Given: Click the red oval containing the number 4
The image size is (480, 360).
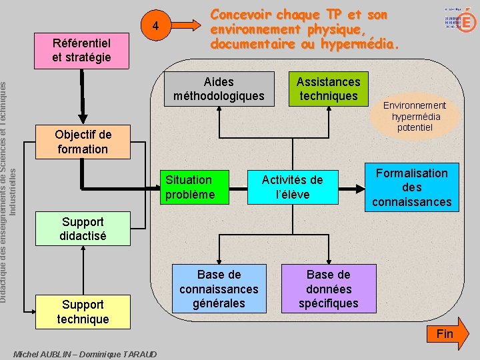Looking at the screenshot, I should tap(155, 27).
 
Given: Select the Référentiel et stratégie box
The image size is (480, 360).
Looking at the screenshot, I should tap(81, 50).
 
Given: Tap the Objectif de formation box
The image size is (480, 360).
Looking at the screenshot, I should tap(83, 142).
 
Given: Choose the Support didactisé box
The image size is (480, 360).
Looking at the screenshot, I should tap(83, 229).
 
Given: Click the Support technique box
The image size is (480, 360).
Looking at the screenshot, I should tap(83, 311).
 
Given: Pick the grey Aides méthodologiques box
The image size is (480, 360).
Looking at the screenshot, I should tap(219, 89).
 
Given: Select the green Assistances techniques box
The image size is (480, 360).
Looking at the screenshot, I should tap(328, 89).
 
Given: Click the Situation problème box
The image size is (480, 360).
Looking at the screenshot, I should tap(198, 187).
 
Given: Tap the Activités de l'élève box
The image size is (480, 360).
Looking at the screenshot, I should tap(292, 187).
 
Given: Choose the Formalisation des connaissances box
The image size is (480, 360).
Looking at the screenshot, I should tap(411, 187).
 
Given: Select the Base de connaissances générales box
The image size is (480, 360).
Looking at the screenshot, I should tap(219, 289).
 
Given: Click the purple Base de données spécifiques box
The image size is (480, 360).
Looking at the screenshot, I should tap(328, 289).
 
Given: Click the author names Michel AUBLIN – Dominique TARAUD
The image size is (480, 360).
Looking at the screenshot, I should tap(85, 354).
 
